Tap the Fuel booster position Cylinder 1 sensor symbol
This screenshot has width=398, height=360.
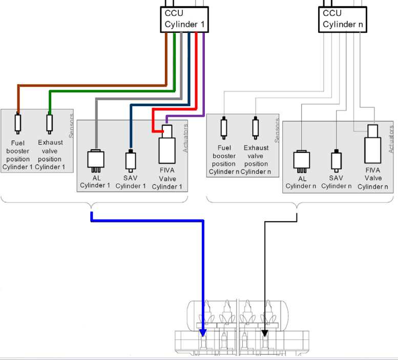coord(18,124)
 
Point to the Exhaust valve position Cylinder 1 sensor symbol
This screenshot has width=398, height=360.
coord(50,124)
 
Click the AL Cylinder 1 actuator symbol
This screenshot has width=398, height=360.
coord(96,160)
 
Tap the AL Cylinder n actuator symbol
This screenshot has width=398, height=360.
coord(301,161)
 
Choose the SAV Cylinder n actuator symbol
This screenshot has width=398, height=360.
coord(336,161)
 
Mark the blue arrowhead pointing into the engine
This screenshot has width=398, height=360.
coord(203,333)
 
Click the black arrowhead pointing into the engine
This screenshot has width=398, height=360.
coord(265,333)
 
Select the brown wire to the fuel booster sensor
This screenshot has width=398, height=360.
coord(92,85)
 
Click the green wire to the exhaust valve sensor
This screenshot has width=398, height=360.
coord(113,91)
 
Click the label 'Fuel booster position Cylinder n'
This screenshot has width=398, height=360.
coord(223,159)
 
